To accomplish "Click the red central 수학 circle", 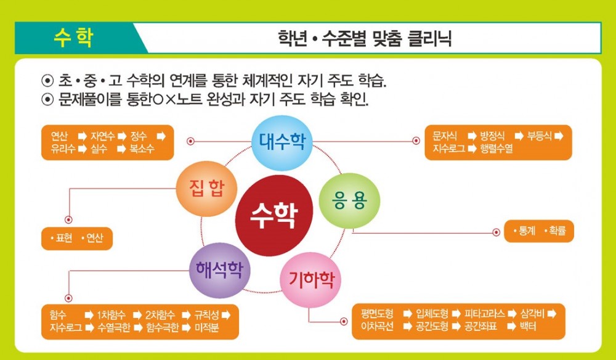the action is coord(275,215).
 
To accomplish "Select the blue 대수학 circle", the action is coord(282,142).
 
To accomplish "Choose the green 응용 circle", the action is coord(349,200).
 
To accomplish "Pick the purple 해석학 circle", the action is coord(220,271).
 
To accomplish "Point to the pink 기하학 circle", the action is coord(310,280).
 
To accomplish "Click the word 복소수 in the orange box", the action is coord(142,149).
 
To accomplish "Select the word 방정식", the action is coord(492,136).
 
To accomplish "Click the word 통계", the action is coord(527,231).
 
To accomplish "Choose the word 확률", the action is coord(557,231).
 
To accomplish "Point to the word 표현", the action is coord(64,238).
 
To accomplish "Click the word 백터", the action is coord(527,327).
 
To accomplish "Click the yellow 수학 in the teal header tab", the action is coord(73,38).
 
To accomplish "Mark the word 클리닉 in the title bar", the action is coord(429,38).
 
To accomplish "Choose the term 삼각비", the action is coord(533,314).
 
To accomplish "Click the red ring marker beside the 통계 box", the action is coord(496,232).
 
